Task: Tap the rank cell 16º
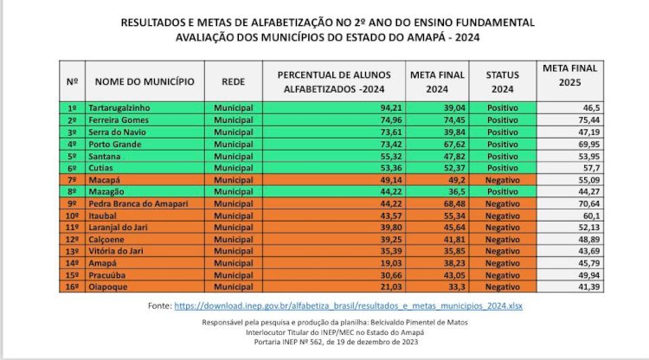pyautogui.click(x=72, y=286)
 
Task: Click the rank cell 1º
pyautogui.click(x=72, y=107)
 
